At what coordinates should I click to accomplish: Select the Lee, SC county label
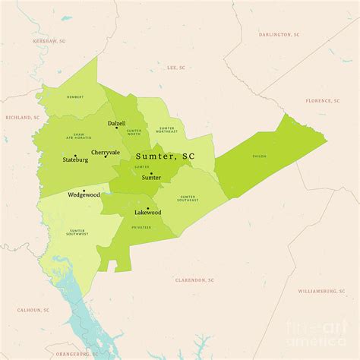click(176, 68)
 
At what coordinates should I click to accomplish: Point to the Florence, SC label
click(322, 100)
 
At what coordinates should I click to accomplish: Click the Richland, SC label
click(22, 118)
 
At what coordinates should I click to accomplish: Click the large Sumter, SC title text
click(165, 156)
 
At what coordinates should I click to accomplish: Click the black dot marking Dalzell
click(116, 128)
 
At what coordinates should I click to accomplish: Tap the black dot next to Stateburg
click(75, 156)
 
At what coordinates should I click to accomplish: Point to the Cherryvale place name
click(106, 153)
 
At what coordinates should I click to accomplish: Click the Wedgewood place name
click(84, 195)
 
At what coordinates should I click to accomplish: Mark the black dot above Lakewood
click(147, 207)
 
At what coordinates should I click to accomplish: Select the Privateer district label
click(141, 227)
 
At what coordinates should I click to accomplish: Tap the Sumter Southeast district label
click(188, 199)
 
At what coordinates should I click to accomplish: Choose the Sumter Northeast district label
click(167, 130)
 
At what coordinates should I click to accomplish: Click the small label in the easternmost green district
click(260, 156)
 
